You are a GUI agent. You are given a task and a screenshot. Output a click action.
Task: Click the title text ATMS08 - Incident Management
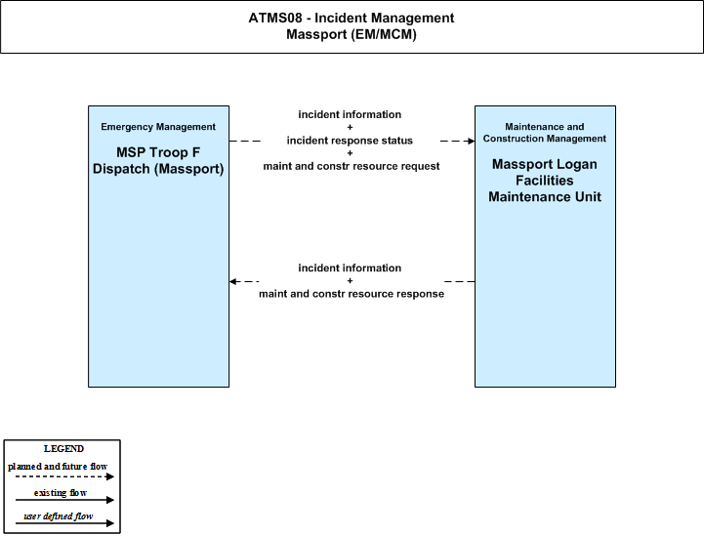352,18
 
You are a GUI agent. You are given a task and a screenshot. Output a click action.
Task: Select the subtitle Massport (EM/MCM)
352,34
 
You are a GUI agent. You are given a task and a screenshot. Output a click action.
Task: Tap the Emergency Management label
158,127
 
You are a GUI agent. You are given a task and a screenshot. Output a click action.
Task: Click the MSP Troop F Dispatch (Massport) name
158,161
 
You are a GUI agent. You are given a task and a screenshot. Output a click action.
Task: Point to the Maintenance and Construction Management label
545,133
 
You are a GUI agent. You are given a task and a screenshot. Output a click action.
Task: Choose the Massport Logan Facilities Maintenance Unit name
545,181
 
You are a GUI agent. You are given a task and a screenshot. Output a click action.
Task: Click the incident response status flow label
350,141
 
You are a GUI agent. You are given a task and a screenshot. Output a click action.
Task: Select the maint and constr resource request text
352,166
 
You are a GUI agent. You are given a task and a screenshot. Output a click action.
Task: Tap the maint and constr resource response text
352,294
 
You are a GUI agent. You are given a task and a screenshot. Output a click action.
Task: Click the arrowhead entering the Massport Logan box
471,141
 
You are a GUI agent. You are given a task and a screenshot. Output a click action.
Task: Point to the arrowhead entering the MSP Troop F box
232,281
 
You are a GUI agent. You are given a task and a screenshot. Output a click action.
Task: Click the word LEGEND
63,449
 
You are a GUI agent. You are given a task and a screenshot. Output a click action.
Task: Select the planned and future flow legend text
58,467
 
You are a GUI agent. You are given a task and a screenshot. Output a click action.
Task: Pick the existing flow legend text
61,492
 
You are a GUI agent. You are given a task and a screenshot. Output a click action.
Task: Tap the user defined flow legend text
58,516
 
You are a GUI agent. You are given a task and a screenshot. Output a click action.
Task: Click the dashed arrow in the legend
64,476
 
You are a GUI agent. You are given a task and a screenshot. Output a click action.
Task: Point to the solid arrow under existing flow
64,500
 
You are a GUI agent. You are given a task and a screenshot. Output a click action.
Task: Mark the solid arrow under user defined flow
64,523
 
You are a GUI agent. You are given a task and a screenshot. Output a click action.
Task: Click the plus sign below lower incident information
350,280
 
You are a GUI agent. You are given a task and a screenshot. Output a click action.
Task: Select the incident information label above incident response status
350,114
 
